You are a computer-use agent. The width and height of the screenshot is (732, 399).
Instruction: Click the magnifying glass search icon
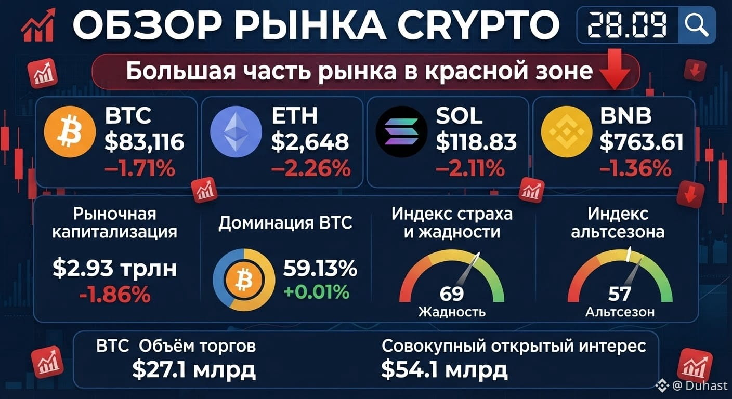point(697,24)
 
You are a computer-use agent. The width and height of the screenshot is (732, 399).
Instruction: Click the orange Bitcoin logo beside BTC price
point(70,131)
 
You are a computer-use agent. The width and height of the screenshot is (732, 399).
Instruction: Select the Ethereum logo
point(236,131)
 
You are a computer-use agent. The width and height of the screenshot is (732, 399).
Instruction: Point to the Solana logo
point(402,131)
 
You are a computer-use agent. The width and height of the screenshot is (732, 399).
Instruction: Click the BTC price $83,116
point(145,142)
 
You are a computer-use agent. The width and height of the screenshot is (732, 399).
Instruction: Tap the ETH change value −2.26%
point(311,169)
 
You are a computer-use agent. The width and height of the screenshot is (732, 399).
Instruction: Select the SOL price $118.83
point(476,142)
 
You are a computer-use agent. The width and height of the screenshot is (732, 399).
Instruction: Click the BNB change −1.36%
point(636,169)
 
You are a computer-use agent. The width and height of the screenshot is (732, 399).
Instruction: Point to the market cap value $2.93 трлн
point(115,269)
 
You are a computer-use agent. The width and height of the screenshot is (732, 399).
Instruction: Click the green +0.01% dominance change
point(316,291)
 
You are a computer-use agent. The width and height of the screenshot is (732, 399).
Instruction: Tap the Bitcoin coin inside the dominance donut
point(244,280)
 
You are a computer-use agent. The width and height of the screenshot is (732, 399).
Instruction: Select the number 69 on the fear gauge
point(452,294)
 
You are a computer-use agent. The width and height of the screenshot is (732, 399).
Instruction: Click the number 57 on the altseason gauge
point(620,294)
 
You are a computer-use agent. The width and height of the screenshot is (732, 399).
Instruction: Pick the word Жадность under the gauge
point(452,312)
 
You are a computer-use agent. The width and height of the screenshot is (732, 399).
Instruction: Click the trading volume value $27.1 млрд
point(194,370)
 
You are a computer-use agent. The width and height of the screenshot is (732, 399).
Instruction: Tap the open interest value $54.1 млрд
point(445,370)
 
